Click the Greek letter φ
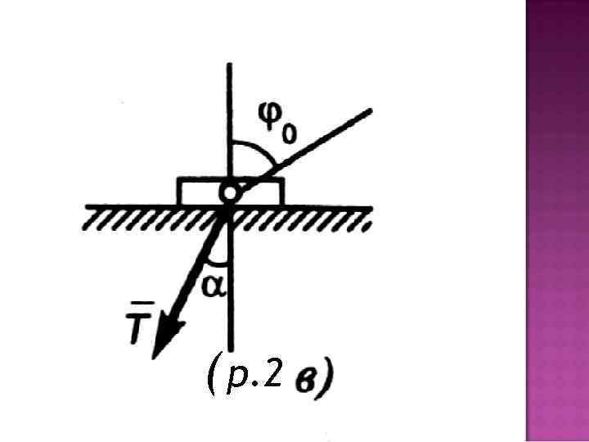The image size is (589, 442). click(267, 119)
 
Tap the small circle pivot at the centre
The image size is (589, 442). click(230, 193)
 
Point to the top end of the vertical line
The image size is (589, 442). click(232, 65)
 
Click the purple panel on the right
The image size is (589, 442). click(556, 221)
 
